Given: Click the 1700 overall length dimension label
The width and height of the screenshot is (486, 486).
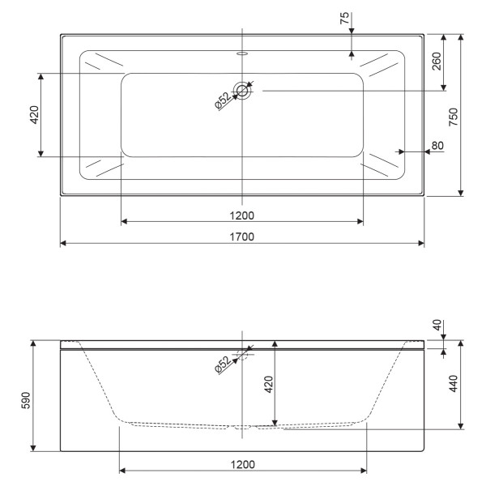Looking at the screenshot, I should [x=242, y=237].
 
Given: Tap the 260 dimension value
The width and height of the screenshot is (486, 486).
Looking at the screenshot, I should [x=437, y=62].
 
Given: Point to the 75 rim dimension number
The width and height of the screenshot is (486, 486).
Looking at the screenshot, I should [x=345, y=19].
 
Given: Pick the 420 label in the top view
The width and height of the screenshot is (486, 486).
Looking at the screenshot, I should [x=34, y=115].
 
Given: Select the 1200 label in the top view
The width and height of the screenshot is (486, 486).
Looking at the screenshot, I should [x=242, y=215].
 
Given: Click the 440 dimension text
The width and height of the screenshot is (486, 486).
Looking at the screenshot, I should [x=454, y=382].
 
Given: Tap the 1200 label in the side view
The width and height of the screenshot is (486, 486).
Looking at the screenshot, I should [x=242, y=464].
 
